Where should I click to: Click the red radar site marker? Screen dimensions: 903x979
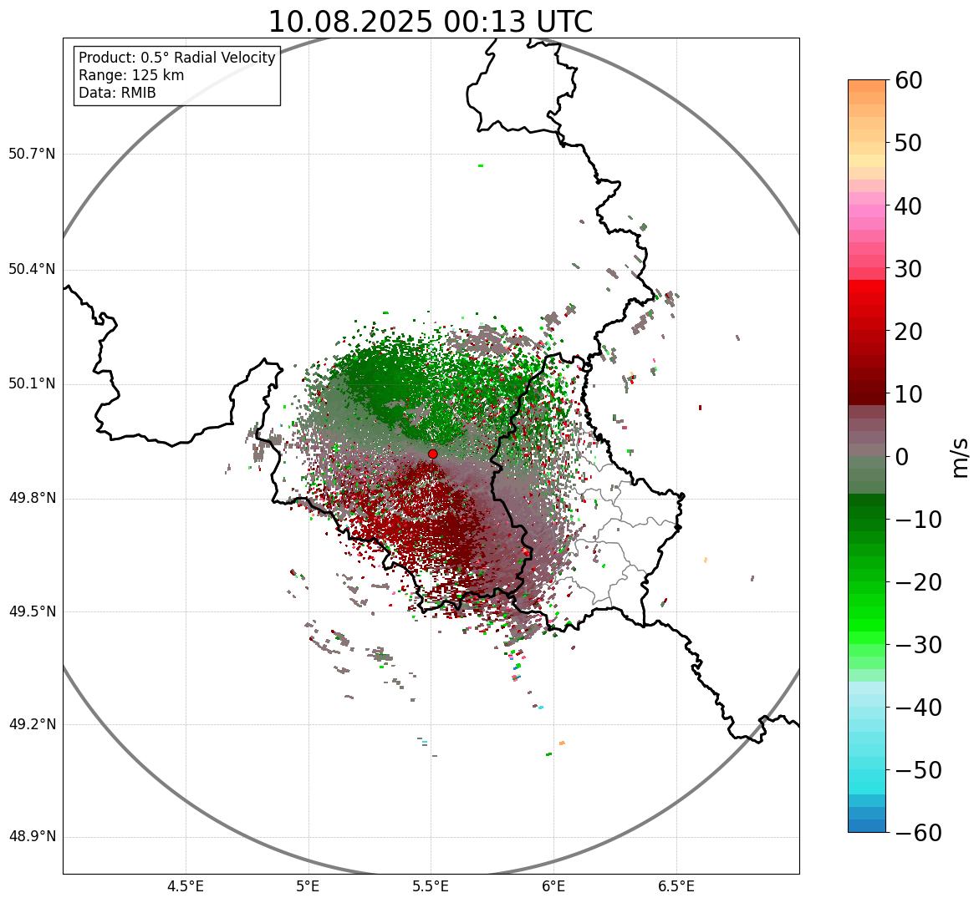[432, 454]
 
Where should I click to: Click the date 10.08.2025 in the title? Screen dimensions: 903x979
[349, 22]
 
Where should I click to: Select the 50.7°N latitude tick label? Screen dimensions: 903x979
[32, 154]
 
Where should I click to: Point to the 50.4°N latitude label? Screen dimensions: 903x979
[32, 269]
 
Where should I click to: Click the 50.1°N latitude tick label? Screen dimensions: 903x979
[32, 384]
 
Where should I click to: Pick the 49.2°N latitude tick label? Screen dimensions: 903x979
[32, 724]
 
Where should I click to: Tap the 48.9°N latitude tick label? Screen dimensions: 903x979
[32, 837]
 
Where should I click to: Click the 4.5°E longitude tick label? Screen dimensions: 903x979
[186, 886]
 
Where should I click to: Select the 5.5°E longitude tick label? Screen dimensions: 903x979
[431, 886]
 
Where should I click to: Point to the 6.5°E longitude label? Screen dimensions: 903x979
[676, 886]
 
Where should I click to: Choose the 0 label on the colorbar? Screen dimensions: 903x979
[902, 457]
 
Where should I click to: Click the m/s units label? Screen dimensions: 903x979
[961, 457]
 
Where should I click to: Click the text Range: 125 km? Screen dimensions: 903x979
[131, 75]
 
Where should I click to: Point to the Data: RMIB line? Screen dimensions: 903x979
[117, 93]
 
